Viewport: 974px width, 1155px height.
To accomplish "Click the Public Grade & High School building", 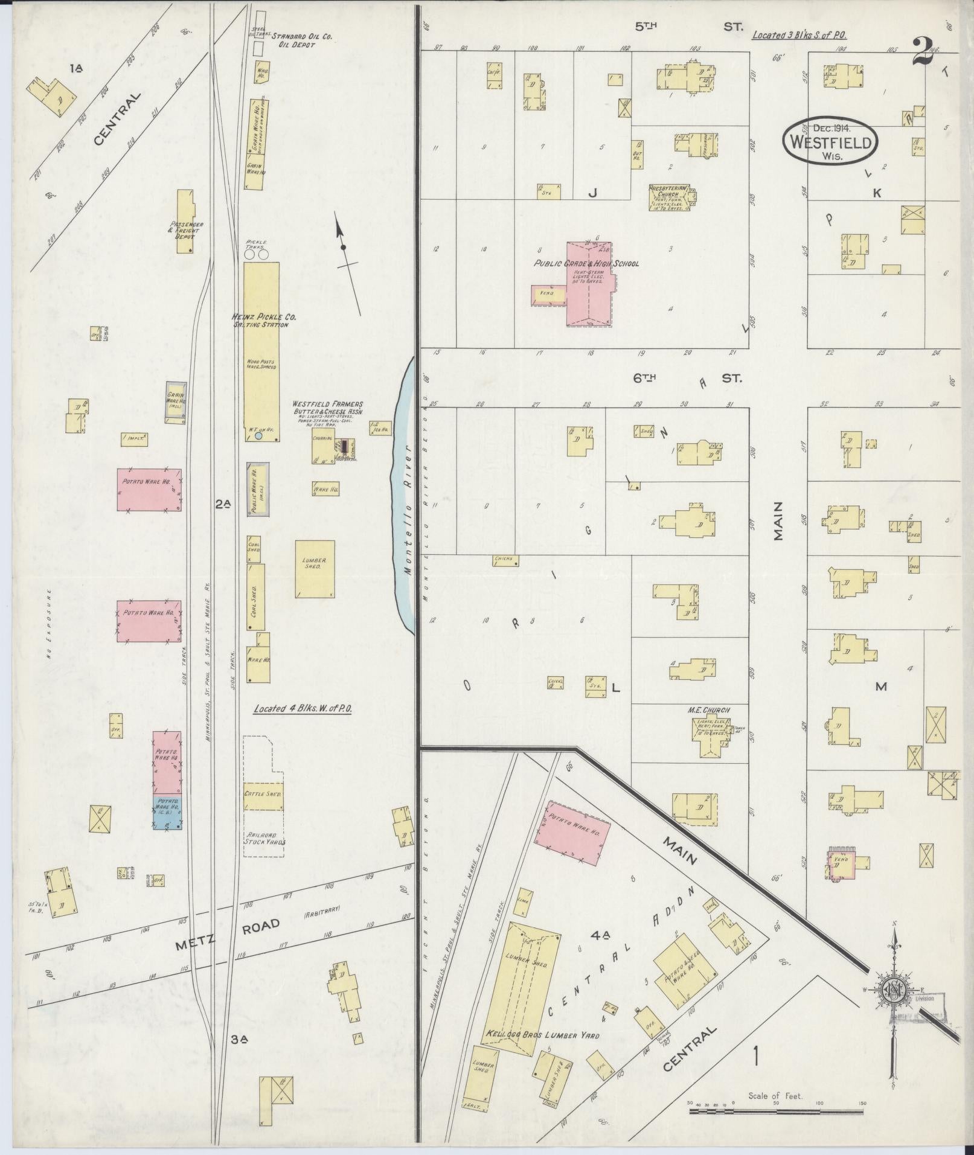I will pos(589,284).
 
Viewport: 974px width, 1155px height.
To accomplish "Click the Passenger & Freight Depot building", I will pos(185,221).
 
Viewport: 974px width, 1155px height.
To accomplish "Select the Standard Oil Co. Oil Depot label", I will pos(302,40).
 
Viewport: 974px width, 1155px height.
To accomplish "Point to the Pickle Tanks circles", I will pos(257,255).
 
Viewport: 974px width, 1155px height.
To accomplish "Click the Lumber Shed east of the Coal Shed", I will pos(315,569).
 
